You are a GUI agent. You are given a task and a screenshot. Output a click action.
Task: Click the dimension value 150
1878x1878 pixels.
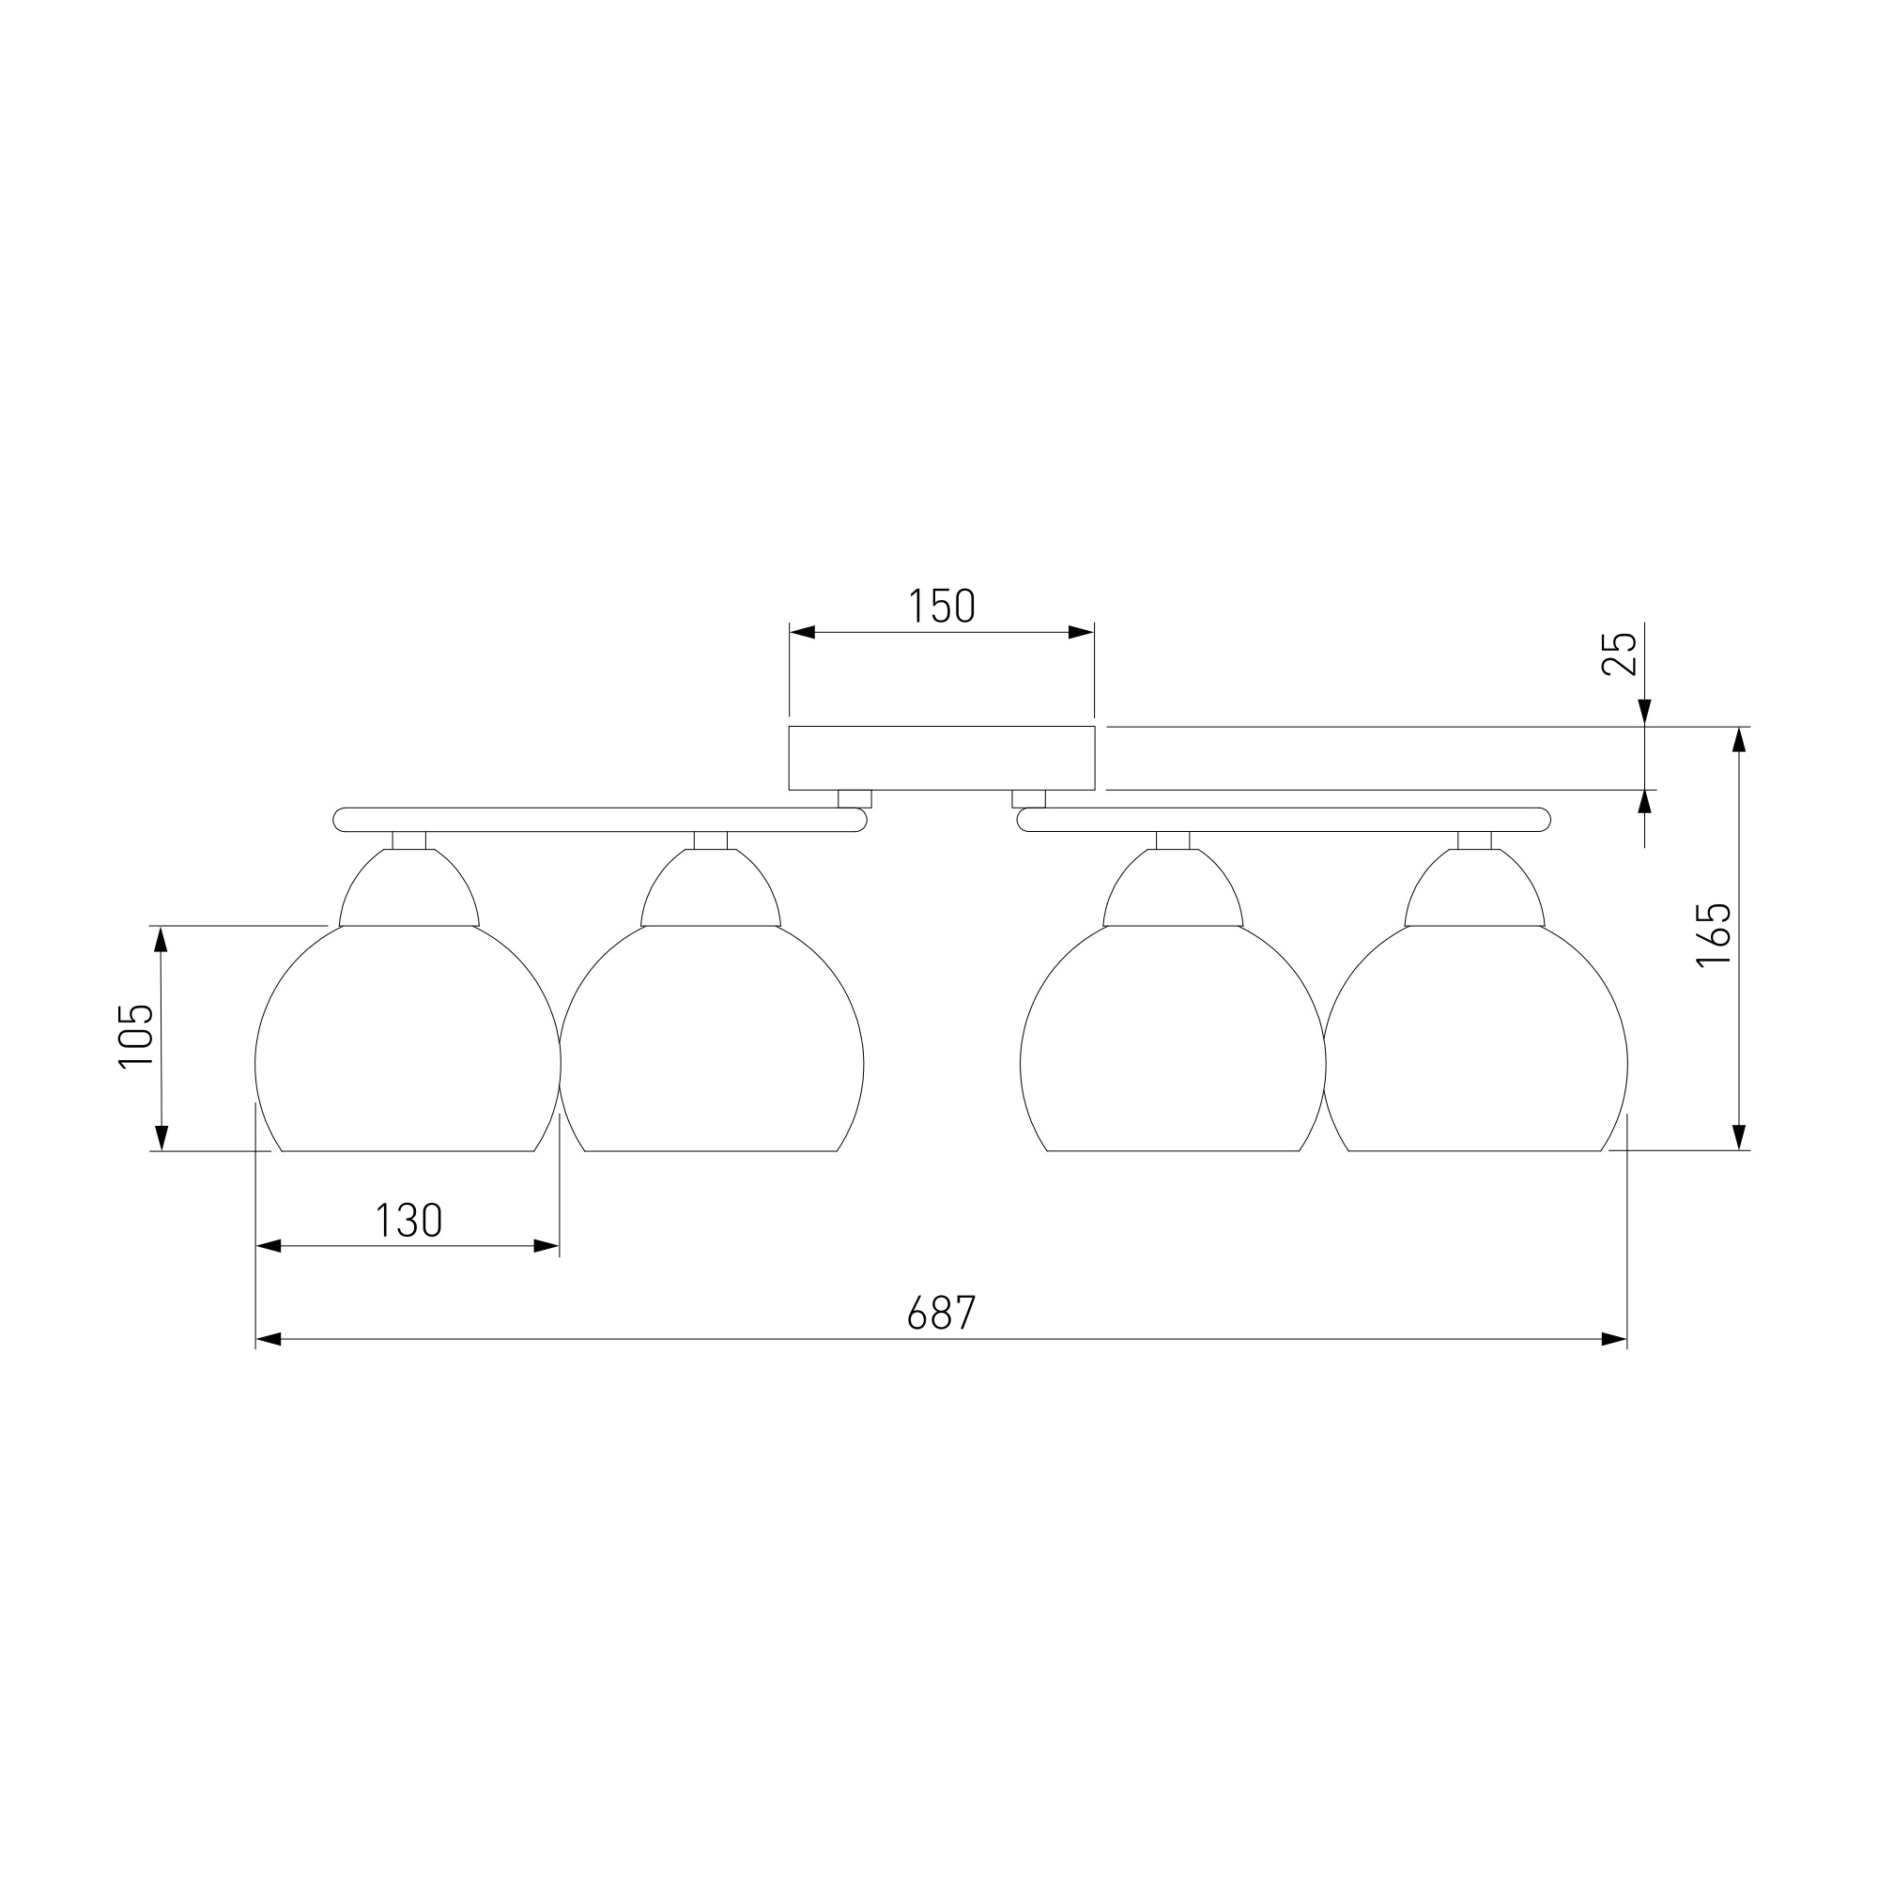click(941, 607)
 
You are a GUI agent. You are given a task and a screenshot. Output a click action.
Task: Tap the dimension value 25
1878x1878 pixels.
click(1620, 654)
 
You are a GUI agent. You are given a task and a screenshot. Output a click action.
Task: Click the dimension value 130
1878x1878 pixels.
click(409, 1221)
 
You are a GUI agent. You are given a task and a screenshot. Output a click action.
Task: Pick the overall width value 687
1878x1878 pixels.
click(941, 1315)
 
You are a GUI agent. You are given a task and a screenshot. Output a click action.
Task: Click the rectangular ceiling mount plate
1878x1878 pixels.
click(942, 758)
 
